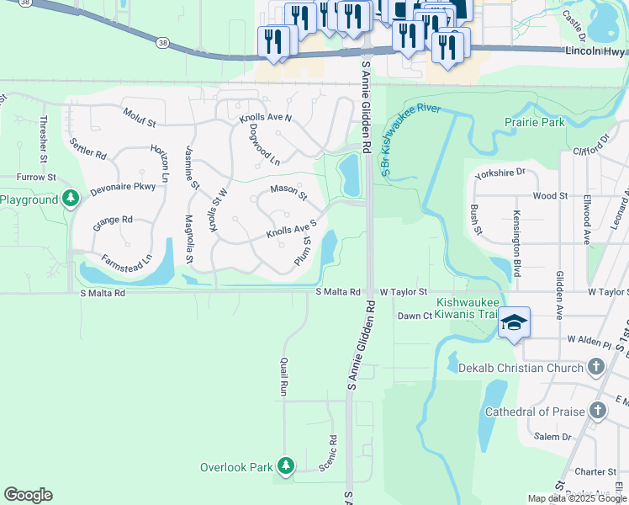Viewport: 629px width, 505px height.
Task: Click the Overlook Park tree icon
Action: coord(286,465)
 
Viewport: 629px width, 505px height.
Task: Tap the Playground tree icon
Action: coord(71,199)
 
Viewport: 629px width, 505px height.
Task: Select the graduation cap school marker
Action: coord(514,323)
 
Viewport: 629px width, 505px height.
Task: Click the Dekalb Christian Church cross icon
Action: coord(596,367)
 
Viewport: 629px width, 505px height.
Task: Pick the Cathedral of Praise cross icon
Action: coord(598,411)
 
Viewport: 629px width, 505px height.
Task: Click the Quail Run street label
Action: coord(283,376)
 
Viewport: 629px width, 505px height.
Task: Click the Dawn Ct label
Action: coord(415,316)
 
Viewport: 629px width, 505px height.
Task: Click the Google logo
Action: coord(28,495)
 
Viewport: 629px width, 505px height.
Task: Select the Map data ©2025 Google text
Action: coord(577,498)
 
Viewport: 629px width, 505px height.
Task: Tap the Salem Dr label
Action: coord(552,437)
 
